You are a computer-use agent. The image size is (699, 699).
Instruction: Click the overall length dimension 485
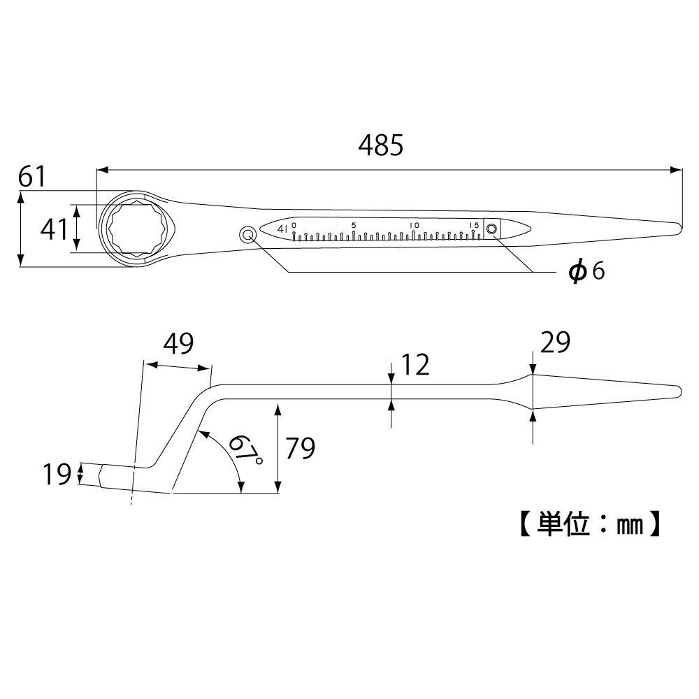point(381,145)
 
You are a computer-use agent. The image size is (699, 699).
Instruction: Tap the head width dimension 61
point(32,177)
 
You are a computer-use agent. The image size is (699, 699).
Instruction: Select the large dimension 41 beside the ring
point(55,229)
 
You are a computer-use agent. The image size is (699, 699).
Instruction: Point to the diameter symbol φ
point(578,271)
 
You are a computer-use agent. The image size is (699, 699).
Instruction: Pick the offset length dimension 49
point(178,343)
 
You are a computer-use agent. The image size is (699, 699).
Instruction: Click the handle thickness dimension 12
point(415,364)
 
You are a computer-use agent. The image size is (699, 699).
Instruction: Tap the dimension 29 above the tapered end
point(556,343)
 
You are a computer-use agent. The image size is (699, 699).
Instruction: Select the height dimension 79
point(301,448)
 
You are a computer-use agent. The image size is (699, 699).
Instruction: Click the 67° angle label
point(245,449)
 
